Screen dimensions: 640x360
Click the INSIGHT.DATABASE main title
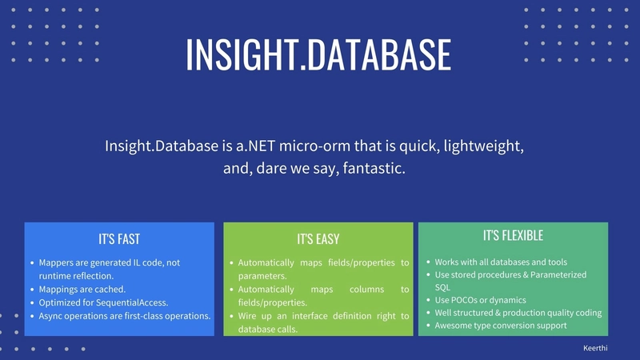point(318,55)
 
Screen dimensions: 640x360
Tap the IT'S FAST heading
point(119,238)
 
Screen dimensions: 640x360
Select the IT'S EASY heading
point(318,238)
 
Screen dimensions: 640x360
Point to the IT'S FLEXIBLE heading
point(513,235)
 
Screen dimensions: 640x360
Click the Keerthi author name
point(595,348)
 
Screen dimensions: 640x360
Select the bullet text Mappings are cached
point(82,290)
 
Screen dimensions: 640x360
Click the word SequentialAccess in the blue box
point(131,303)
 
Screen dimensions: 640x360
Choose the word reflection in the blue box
point(94,276)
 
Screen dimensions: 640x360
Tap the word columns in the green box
point(366,290)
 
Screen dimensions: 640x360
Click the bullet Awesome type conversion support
point(501,326)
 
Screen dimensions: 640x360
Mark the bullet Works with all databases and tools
point(501,262)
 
